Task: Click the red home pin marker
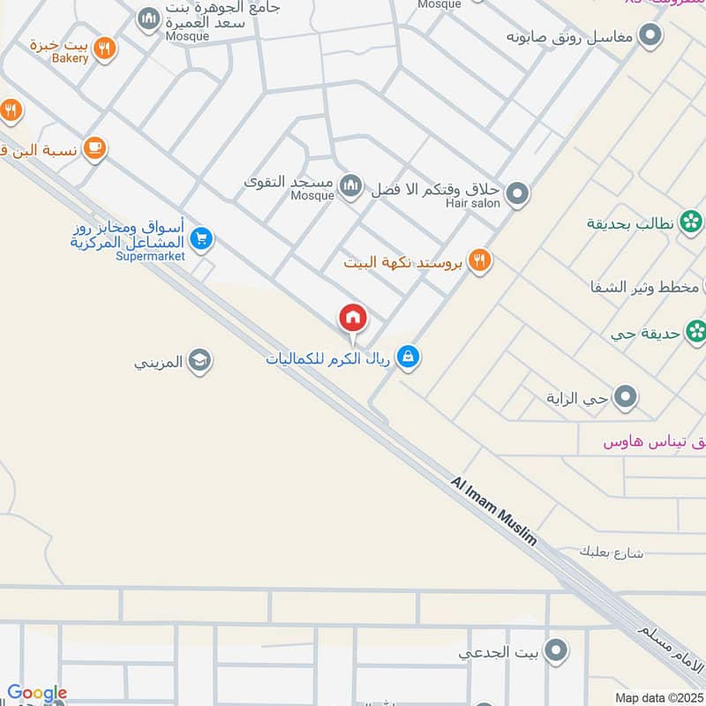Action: pyautogui.click(x=353, y=318)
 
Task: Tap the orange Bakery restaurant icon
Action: pyautogui.click(x=105, y=49)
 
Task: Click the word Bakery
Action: pyautogui.click(x=70, y=58)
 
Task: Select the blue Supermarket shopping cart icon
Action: pyautogui.click(x=202, y=238)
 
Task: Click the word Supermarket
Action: pyautogui.click(x=150, y=256)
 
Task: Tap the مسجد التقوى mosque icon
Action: pyautogui.click(x=351, y=185)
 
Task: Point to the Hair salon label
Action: pyautogui.click(x=473, y=203)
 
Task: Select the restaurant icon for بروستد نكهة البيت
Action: pyautogui.click(x=480, y=261)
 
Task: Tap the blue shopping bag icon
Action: pyautogui.click(x=408, y=357)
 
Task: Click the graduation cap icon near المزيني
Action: pyautogui.click(x=200, y=360)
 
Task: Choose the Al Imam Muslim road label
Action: pyautogui.click(x=494, y=511)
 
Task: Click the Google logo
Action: pyautogui.click(x=37, y=694)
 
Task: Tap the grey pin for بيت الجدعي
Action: pyautogui.click(x=555, y=652)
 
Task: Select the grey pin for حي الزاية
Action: pyautogui.click(x=627, y=397)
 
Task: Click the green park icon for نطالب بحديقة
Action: pyautogui.click(x=692, y=222)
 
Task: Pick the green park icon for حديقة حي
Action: pyautogui.click(x=696, y=332)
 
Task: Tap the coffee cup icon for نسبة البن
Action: pyautogui.click(x=95, y=149)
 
